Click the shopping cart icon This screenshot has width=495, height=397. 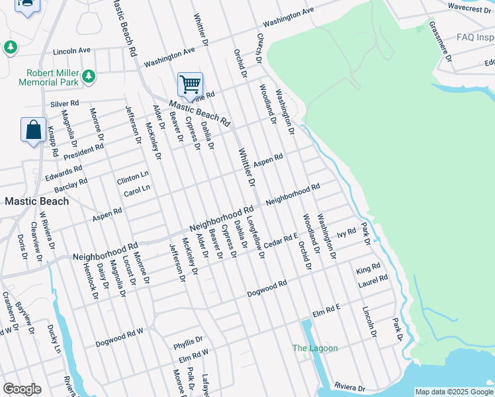[190, 85]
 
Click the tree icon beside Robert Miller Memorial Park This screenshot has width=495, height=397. [89, 77]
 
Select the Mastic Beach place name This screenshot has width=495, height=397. [37, 201]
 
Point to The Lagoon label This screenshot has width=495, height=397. [315, 348]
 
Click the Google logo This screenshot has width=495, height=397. [22, 389]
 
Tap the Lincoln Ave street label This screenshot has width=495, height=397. [71, 50]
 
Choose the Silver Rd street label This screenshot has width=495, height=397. [65, 104]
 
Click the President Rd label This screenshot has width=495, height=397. [83, 151]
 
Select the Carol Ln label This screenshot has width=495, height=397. [137, 191]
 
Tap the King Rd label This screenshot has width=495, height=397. [368, 269]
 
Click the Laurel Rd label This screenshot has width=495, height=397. [373, 281]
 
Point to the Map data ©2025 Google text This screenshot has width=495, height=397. [454, 392]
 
